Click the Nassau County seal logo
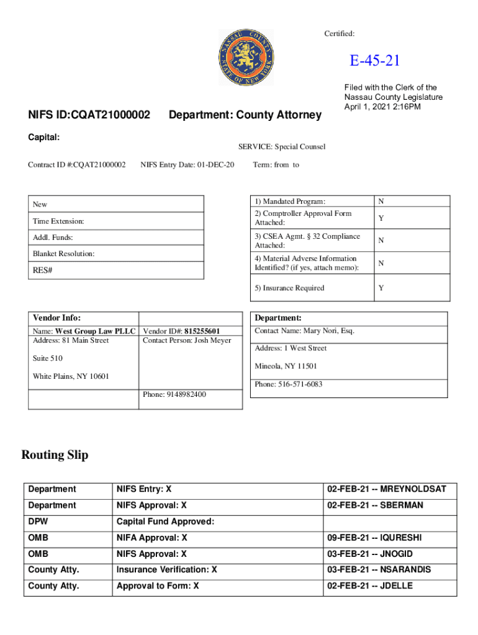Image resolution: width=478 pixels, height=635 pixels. [246, 58]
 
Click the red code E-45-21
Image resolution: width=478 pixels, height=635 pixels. [374, 61]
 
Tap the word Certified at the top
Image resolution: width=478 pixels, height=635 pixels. [339, 33]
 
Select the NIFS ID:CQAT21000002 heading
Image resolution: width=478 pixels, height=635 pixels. [89, 115]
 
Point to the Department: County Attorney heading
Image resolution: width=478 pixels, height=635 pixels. [245, 115]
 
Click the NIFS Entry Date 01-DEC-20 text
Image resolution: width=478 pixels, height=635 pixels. [187, 164]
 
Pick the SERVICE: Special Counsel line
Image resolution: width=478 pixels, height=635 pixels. [281, 147]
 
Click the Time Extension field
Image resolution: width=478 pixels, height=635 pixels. [58, 221]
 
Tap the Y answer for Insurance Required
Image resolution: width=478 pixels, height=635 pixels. [381, 288]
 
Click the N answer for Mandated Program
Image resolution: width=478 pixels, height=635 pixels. [381, 201]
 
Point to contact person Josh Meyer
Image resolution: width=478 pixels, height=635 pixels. [186, 340]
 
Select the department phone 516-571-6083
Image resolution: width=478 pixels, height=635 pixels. [289, 384]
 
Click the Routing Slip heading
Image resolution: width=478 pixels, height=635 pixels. [55, 455]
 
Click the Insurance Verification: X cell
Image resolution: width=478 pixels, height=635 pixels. [166, 569]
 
